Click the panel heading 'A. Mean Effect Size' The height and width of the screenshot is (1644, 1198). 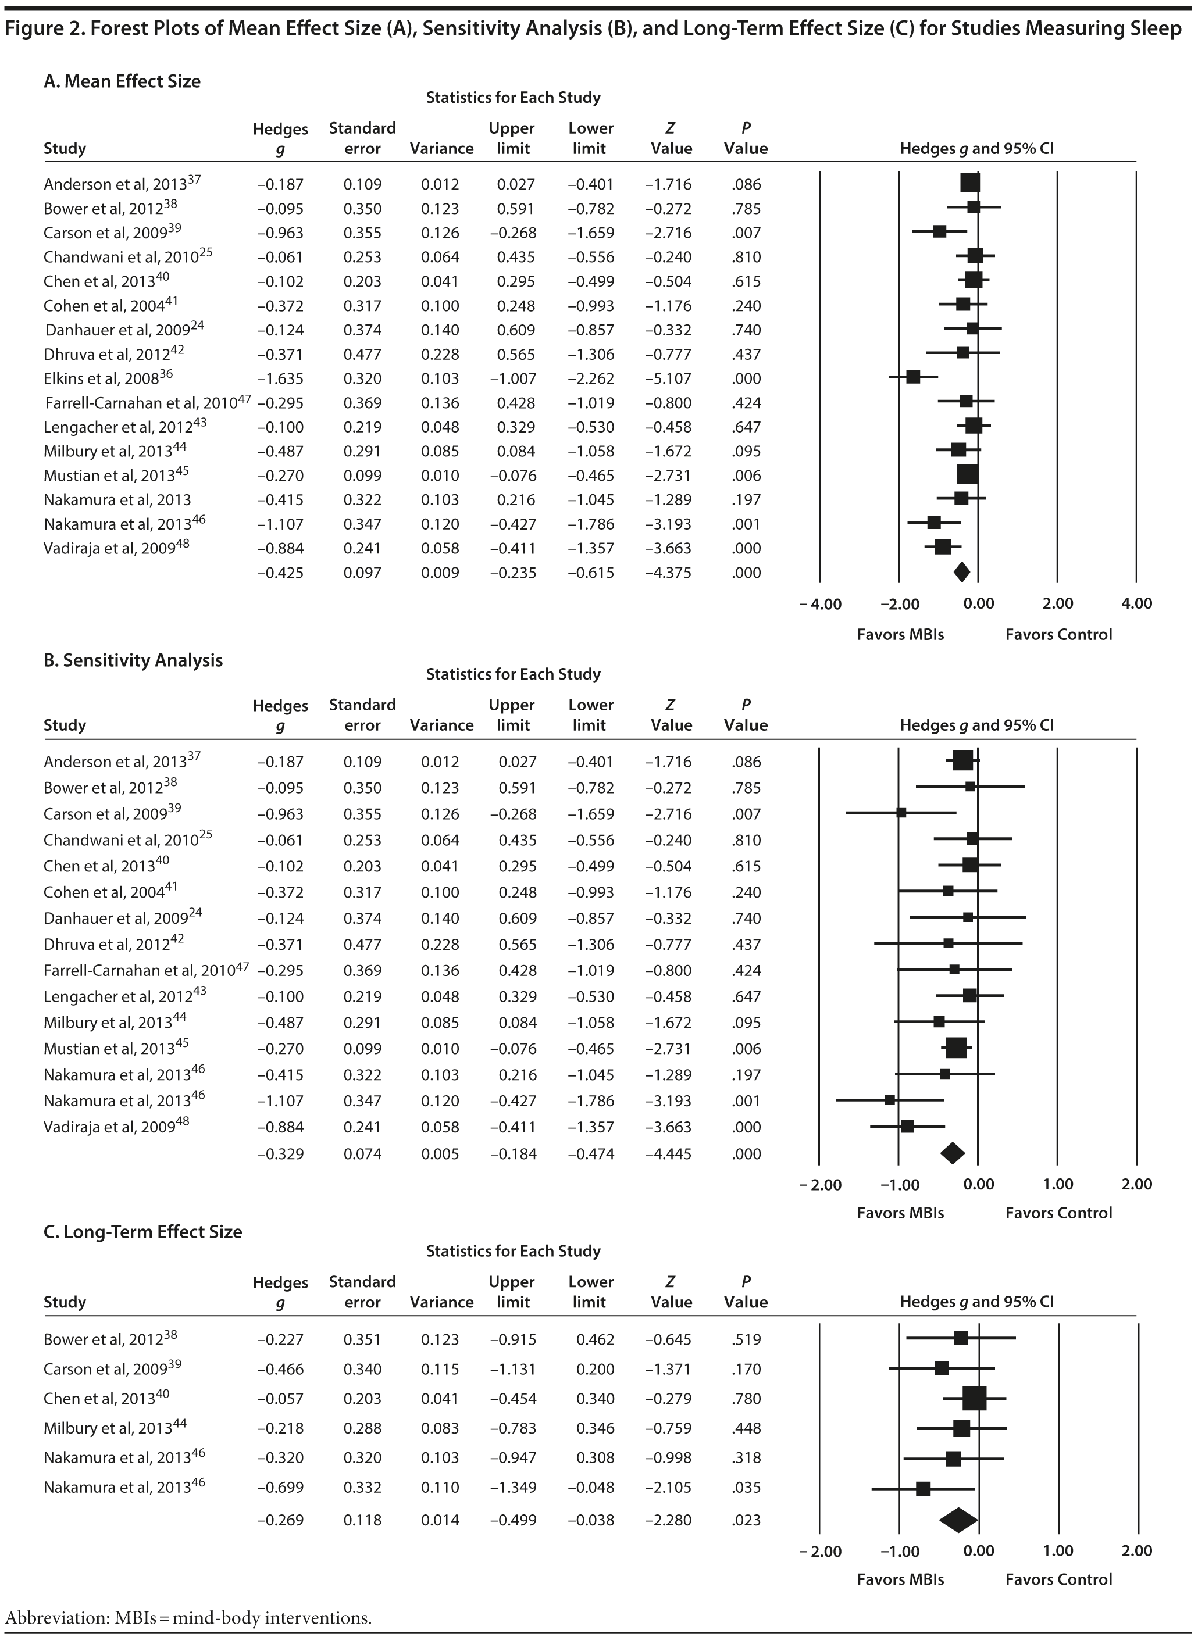(122, 81)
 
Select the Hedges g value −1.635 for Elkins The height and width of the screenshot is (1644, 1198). (280, 378)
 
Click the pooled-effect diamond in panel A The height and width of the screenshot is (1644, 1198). (961, 572)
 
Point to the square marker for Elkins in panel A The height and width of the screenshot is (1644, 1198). (913, 377)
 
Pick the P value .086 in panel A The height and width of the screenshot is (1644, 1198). (746, 184)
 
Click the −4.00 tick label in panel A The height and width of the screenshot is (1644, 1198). (820, 604)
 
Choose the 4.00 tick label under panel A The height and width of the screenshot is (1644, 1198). (1136, 604)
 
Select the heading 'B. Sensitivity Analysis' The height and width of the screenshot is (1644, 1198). (133, 660)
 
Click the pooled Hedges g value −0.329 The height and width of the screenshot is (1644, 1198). (280, 1153)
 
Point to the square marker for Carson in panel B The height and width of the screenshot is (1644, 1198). (901, 813)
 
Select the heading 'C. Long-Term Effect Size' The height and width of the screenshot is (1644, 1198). (143, 1232)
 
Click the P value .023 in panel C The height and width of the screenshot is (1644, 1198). (746, 1520)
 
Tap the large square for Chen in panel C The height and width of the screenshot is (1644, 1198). (975, 1398)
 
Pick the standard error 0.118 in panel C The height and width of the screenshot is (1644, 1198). (362, 1520)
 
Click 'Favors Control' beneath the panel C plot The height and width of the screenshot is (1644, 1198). (1058, 1579)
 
